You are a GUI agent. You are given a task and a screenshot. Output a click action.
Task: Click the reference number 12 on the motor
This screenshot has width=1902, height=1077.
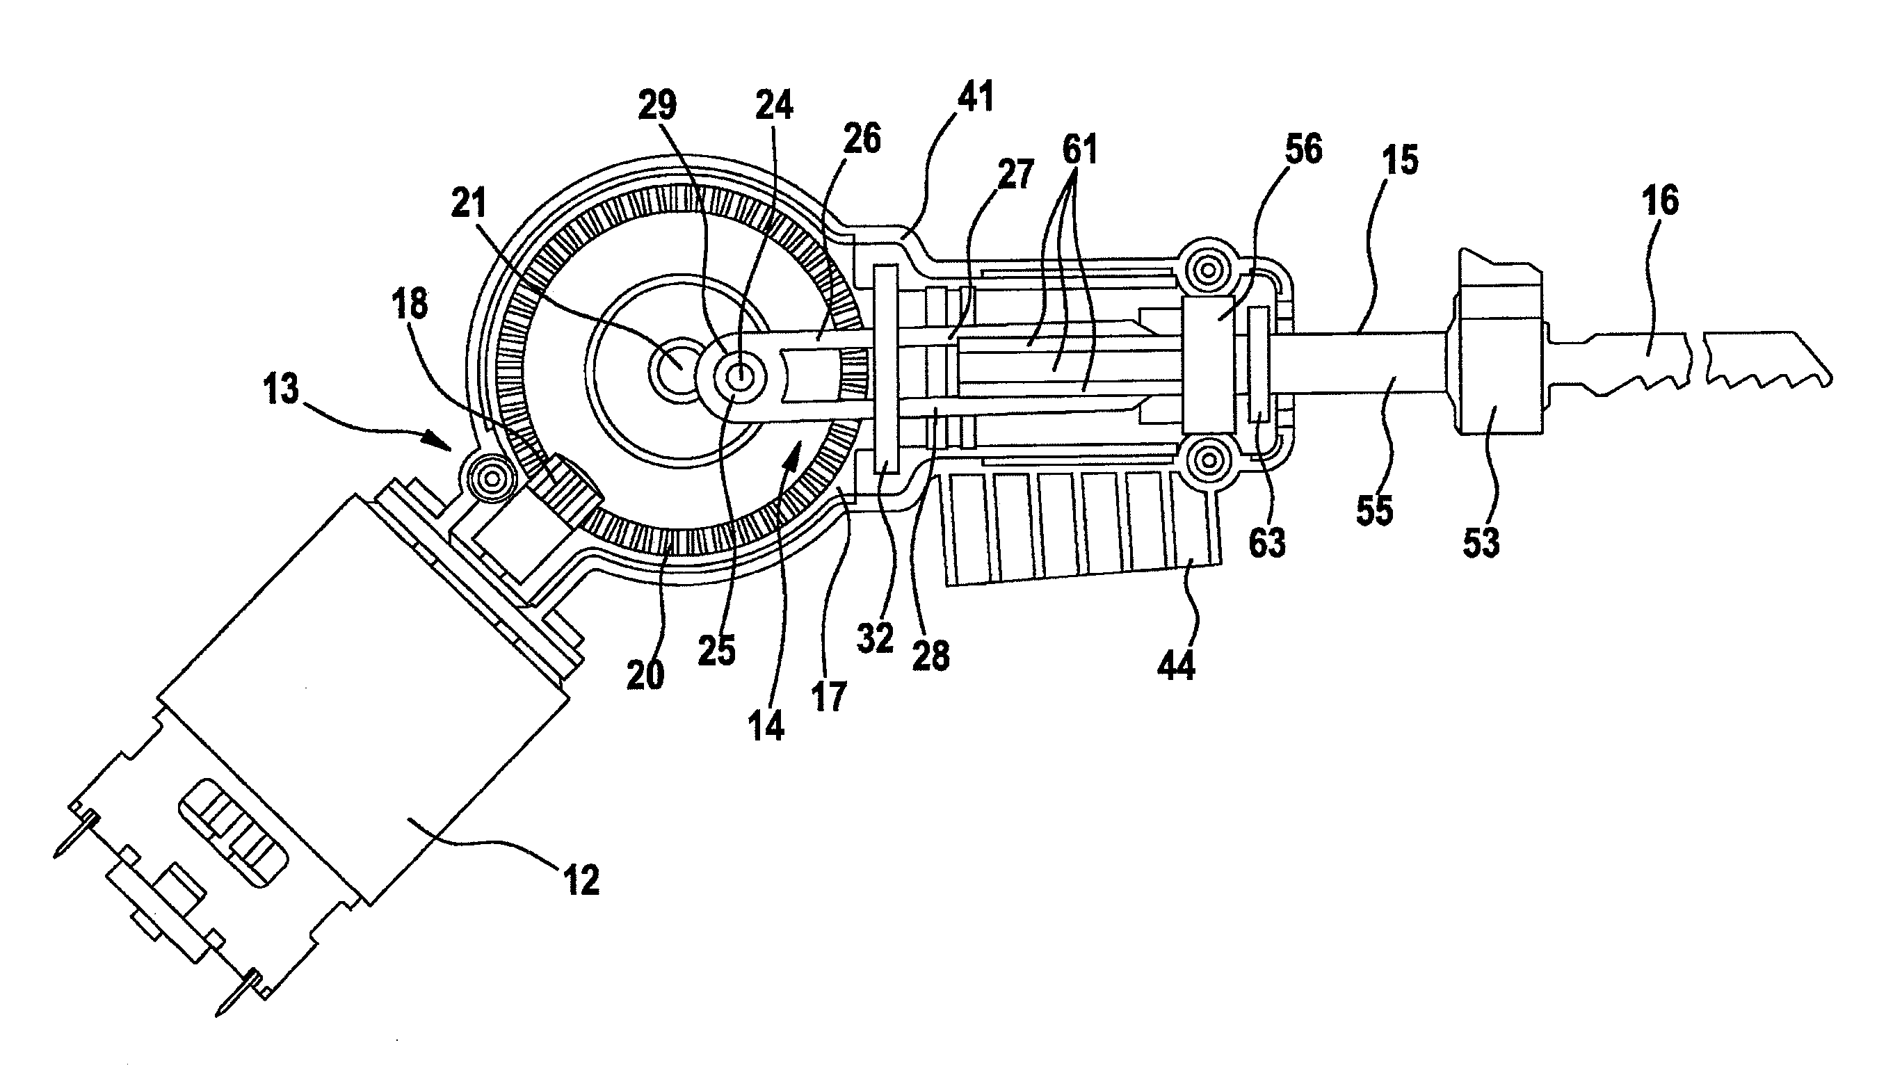tap(581, 880)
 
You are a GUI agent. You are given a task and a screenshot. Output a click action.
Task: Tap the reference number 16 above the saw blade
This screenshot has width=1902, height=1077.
tap(1659, 201)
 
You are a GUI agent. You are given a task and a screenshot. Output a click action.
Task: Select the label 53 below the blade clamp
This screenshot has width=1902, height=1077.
tap(1481, 542)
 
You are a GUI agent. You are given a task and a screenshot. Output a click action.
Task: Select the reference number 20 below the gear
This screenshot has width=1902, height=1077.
tap(645, 674)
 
